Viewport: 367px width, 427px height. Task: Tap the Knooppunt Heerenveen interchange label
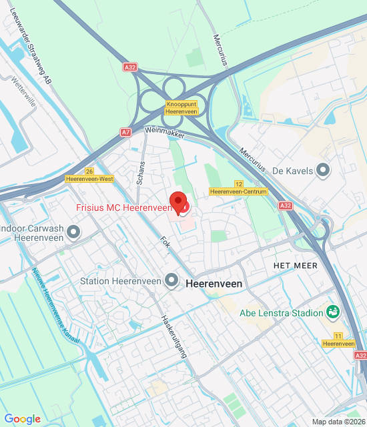181,108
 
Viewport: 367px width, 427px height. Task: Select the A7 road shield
126,133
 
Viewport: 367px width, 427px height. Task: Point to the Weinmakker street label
164,133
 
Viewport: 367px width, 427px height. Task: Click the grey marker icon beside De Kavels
324,171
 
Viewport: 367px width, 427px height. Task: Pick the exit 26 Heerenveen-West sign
89,175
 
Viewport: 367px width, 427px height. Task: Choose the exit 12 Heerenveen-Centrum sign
238,187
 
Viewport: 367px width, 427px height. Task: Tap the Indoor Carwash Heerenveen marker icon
73,232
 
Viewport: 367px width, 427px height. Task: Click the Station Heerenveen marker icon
172,281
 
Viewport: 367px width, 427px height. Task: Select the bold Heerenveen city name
215,284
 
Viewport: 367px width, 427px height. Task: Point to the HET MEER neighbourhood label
294,266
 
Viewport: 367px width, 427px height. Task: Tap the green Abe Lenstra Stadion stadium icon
332,312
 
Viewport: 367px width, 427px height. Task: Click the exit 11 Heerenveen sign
338,340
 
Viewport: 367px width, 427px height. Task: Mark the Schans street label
141,172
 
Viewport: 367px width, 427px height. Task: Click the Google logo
22,419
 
